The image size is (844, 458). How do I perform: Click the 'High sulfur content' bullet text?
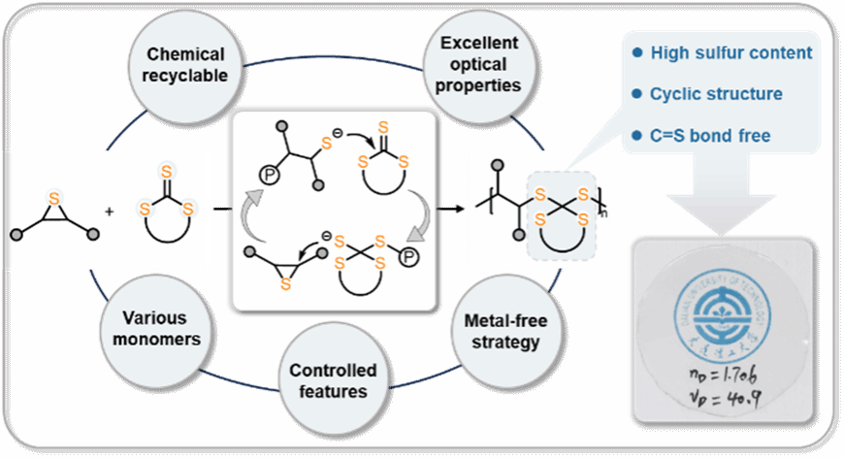[730, 52]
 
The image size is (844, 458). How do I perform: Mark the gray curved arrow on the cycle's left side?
[252, 216]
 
